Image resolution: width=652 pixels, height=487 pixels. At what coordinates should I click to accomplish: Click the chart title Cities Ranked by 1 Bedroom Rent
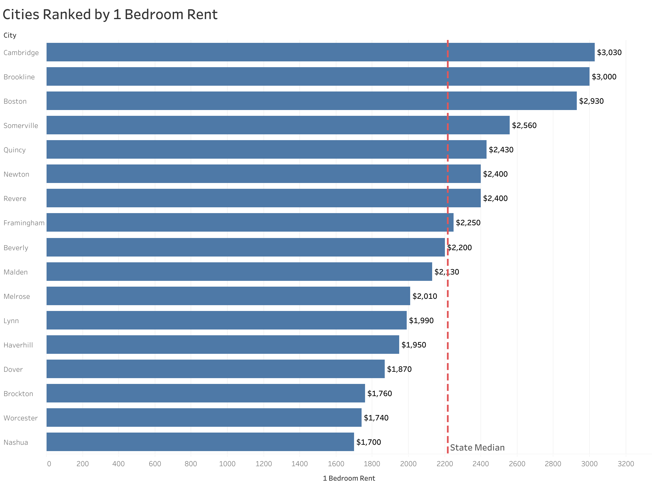pyautogui.click(x=110, y=15)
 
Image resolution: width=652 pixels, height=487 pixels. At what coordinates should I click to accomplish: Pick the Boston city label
pyautogui.click(x=15, y=101)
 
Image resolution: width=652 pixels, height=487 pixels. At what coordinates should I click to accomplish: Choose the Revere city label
pyautogui.click(x=15, y=198)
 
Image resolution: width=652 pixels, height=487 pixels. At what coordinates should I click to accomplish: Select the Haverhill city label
pyautogui.click(x=18, y=345)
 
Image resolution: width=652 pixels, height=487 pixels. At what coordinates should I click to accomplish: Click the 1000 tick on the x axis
pyautogui.click(x=227, y=464)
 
